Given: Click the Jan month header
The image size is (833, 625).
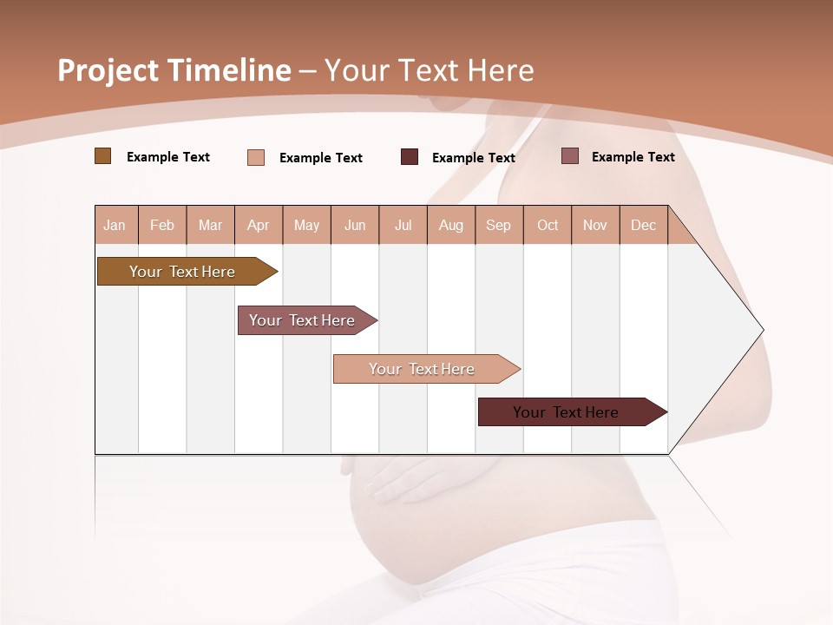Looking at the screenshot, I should coord(115,226).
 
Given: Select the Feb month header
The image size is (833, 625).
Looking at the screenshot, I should coord(162,226).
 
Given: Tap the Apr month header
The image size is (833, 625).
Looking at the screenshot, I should coord(259,226).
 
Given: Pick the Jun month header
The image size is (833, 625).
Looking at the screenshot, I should coord(355,226).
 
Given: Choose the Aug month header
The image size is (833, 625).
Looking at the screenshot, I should coord(450,226).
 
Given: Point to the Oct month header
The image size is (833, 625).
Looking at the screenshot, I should coord(548,226).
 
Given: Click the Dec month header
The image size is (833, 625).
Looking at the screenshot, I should coord(643,226).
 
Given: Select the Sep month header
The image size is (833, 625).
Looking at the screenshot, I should coord(498,226).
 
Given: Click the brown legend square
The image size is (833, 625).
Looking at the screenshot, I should coord(102,156).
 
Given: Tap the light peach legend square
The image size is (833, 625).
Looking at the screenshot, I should coord(256,157).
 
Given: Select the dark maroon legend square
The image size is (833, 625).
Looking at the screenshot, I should coord(410,157).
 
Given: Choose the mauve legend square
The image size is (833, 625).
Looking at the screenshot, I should coord(570,156).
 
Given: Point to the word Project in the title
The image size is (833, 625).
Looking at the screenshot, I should coord(108,70).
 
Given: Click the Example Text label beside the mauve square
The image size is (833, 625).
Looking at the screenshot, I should coord(633,157).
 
